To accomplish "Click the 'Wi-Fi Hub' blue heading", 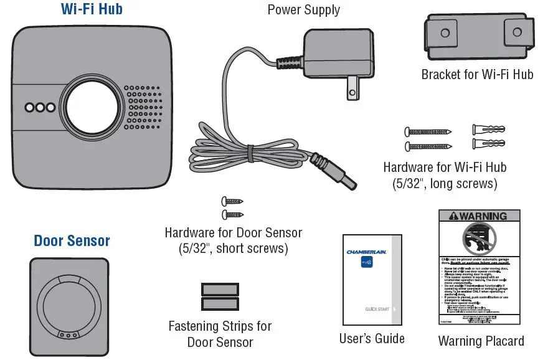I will coord(92,9).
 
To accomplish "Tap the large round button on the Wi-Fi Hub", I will coord(92,107).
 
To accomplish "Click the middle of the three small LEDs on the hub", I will coord(40,107).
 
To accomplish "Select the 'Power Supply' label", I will coord(304,10).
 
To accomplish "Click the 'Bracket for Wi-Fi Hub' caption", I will coord(477,75).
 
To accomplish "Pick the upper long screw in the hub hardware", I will coord(428,131).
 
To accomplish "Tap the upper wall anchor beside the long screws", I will coord(488,130).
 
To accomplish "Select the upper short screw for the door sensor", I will coord(232,201).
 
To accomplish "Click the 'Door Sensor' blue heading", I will coord(72,241).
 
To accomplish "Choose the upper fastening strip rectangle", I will coord(220,290).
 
